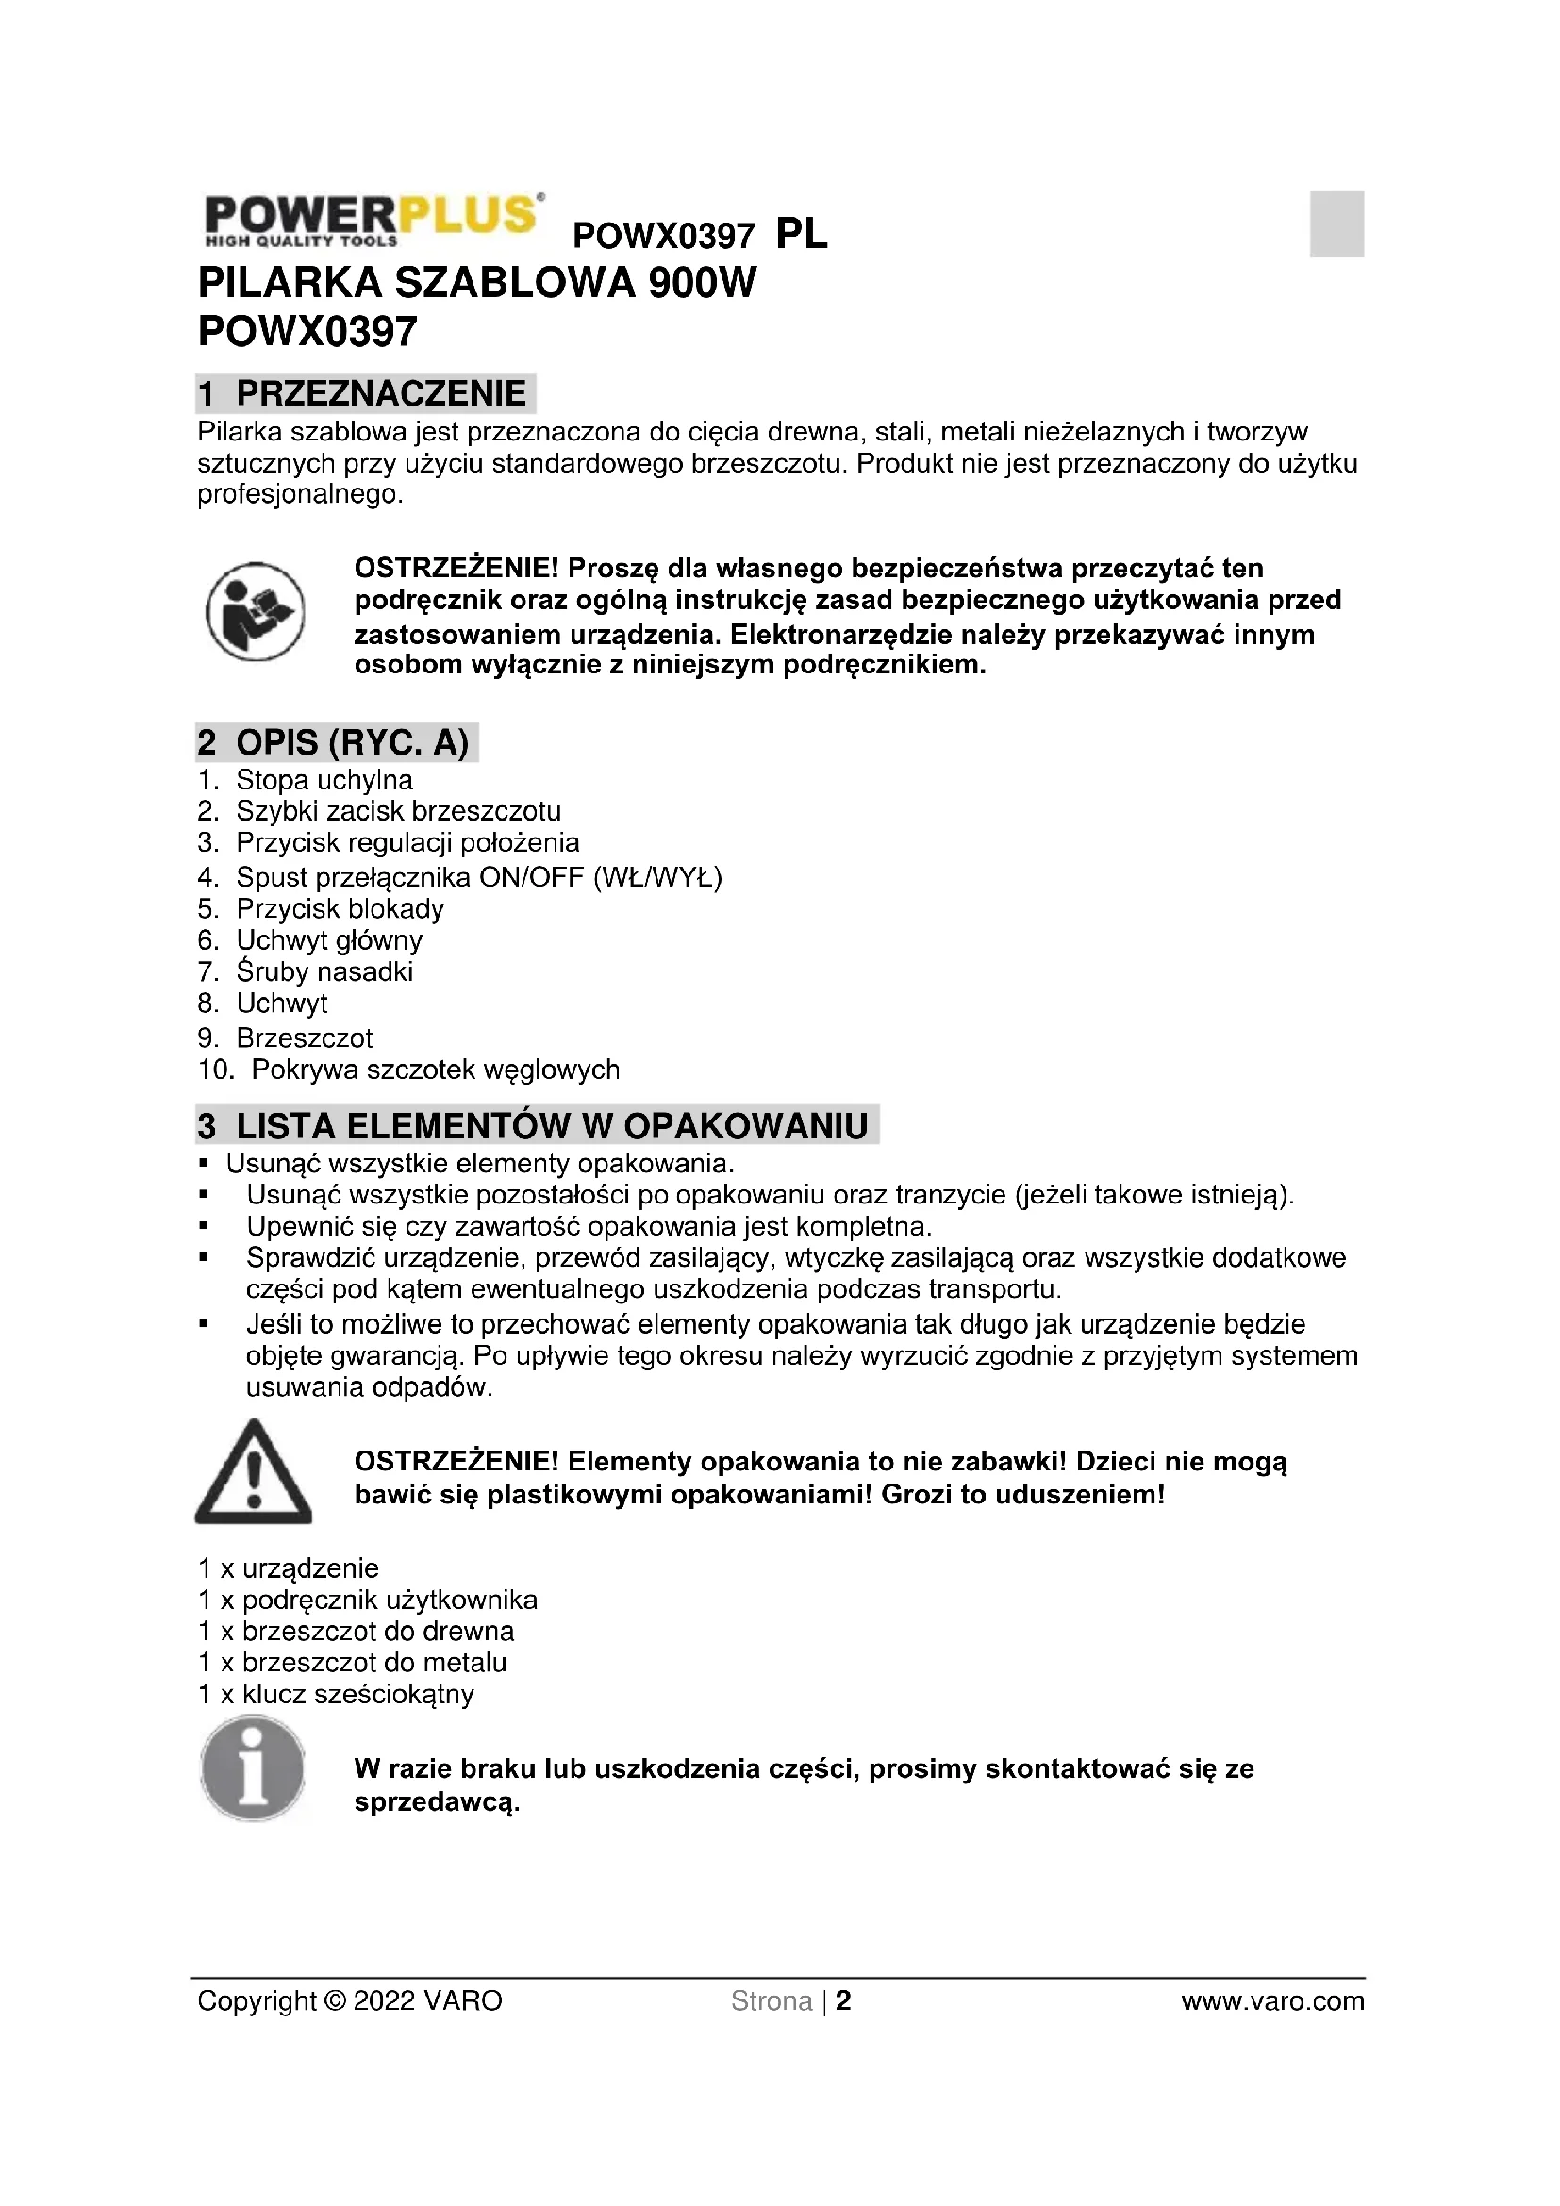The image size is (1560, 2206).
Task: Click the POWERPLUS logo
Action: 373,220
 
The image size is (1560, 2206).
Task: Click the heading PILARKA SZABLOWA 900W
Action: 476,284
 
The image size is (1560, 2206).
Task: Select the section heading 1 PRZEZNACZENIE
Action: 365,394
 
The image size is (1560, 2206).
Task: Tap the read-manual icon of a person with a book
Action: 255,612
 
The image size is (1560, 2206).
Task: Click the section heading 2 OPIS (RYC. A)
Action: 335,742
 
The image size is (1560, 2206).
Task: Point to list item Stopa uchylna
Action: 324,780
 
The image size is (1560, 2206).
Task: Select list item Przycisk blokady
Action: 340,909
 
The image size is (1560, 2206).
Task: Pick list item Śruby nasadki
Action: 324,971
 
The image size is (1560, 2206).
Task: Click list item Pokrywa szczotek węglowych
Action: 435,1070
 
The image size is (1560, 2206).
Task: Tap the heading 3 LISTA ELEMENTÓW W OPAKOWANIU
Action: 536,1126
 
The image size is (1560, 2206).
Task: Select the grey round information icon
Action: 253,1768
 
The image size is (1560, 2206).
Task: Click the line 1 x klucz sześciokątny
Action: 336,1694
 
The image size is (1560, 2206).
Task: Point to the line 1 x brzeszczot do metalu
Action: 353,1662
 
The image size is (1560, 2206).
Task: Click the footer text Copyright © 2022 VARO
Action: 350,2001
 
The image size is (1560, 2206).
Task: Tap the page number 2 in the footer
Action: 843,2001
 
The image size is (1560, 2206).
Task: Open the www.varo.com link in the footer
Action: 1271,2001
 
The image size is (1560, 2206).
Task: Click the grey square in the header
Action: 1336,224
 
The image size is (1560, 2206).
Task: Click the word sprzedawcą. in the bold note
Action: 437,1802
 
